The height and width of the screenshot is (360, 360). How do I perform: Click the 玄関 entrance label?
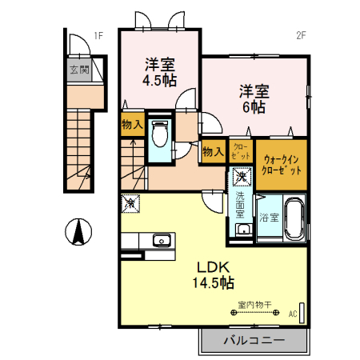78,70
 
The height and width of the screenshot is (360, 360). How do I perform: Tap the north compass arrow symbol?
78,233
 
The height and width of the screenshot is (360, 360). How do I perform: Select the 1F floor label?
98,35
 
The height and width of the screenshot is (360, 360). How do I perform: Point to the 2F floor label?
302,35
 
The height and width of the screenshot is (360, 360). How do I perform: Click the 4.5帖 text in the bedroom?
159,80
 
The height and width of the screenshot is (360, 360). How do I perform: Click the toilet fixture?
158,134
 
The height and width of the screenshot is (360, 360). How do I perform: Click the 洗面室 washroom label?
241,203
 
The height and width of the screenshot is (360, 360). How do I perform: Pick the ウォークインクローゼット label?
281,164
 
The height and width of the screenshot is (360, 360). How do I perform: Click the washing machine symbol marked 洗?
241,178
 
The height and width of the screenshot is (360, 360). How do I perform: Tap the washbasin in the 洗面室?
242,230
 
